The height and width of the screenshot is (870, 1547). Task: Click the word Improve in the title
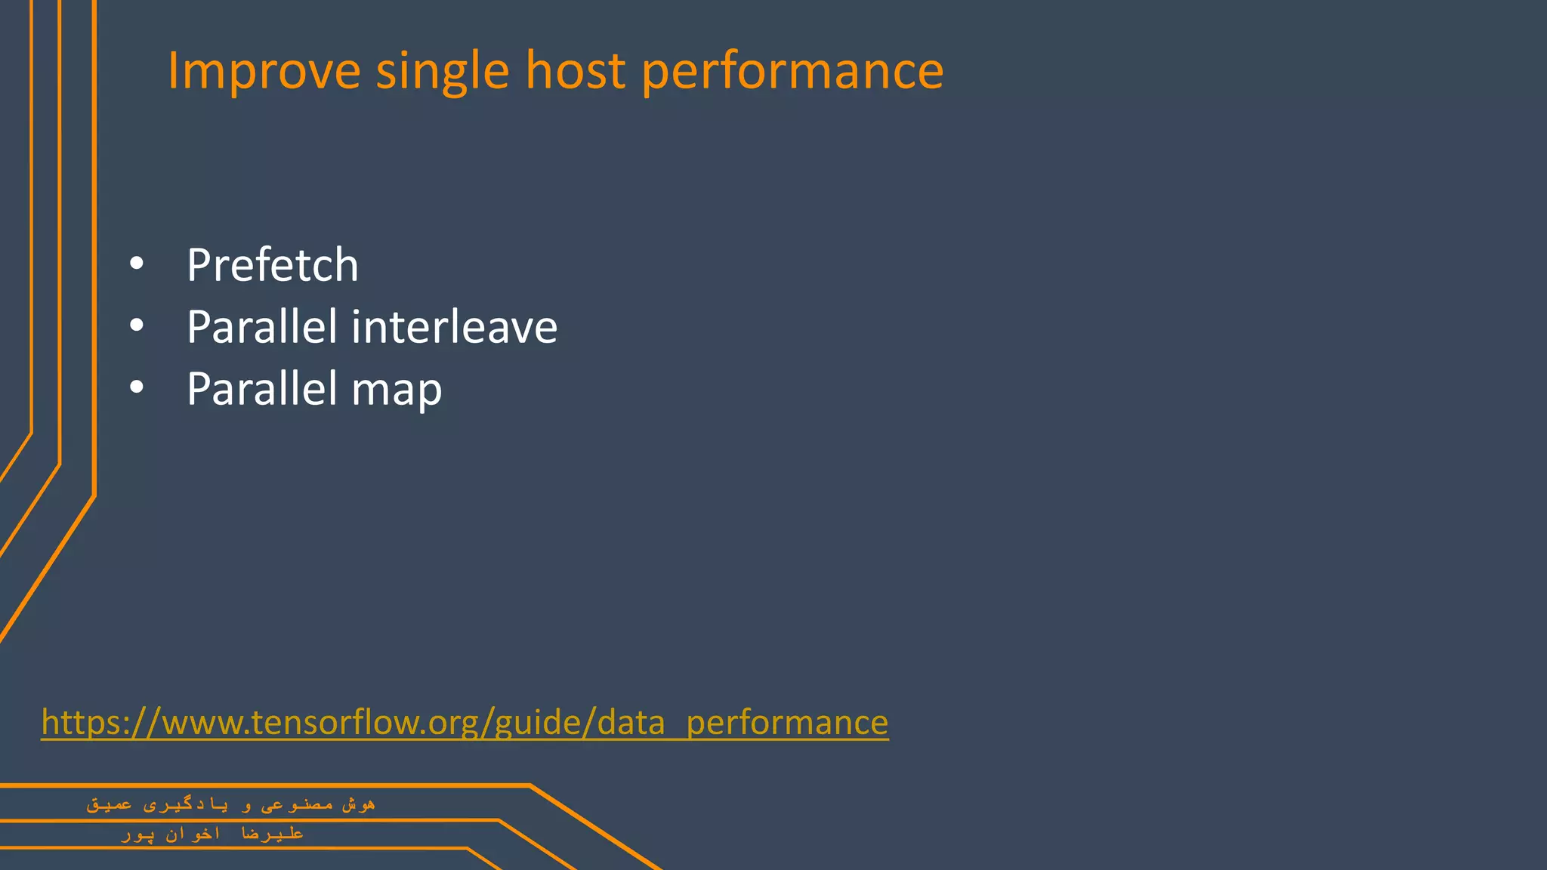264,71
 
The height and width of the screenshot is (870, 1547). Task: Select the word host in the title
575,71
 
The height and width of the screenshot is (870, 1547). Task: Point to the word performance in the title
792,71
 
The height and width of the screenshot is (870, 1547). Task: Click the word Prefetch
272,265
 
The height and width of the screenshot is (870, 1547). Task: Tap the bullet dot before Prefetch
136,264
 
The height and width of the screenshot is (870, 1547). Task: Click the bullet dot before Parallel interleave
136,325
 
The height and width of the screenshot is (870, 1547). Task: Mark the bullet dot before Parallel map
136,387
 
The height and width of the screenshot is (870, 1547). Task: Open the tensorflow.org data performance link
465,722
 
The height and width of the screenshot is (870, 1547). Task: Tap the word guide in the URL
538,722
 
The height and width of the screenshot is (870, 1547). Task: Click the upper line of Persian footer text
230,805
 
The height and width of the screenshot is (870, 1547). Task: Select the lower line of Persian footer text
212,834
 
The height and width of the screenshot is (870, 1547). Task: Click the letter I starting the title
171,71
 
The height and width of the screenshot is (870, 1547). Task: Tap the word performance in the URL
787,722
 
